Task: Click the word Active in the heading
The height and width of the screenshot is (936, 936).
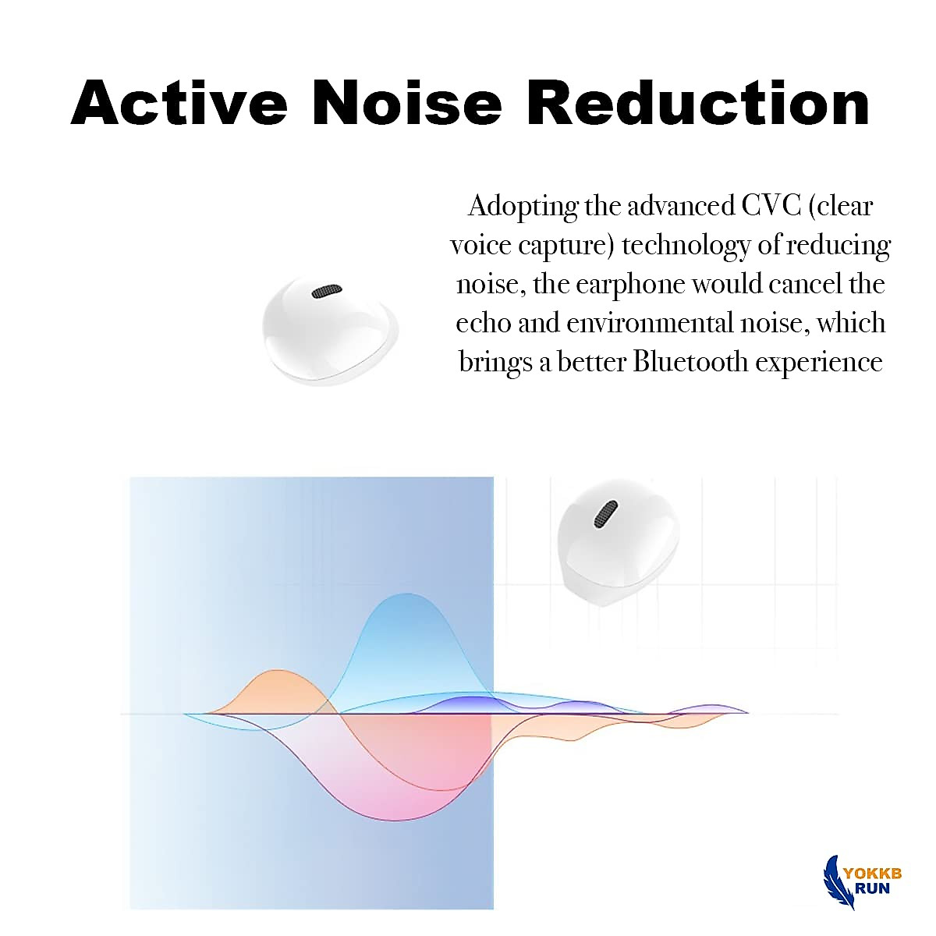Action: click(x=179, y=103)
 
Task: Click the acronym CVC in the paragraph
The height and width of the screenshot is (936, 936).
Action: click(x=761, y=206)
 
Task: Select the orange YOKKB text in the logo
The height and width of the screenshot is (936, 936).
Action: click(x=874, y=873)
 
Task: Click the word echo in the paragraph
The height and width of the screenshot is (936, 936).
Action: click(x=483, y=323)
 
